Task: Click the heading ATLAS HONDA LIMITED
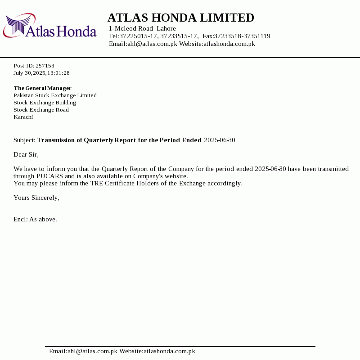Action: tap(181, 18)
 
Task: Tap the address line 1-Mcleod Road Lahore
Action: tap(142, 29)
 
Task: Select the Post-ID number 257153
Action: tap(45, 66)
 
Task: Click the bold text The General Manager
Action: tap(43, 88)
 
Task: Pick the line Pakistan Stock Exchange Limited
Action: tap(55, 95)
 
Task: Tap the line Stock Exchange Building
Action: tap(45, 103)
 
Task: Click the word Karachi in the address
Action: tap(23, 117)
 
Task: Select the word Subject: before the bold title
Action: tap(24, 140)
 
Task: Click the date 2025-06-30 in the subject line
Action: tap(220, 140)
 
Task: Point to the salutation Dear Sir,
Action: tap(26, 155)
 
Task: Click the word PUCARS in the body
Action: tap(50, 176)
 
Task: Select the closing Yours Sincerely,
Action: tap(36, 198)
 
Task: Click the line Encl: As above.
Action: tap(35, 220)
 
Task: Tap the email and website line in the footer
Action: tap(122, 351)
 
